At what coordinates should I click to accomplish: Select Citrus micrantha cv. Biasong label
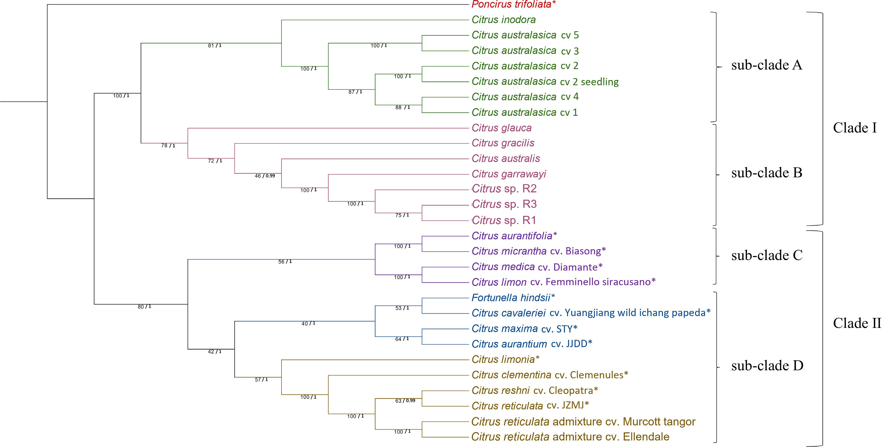538,251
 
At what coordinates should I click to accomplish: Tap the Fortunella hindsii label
513,298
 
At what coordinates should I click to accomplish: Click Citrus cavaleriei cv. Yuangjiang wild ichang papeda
591,313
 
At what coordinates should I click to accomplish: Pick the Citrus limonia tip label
505,359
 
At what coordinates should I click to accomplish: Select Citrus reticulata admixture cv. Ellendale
570,437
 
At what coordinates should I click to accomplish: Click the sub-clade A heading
766,65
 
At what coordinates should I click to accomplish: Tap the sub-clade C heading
767,255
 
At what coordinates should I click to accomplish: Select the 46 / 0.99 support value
265,176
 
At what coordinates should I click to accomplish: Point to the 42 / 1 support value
215,352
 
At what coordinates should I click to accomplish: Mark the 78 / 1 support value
168,146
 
